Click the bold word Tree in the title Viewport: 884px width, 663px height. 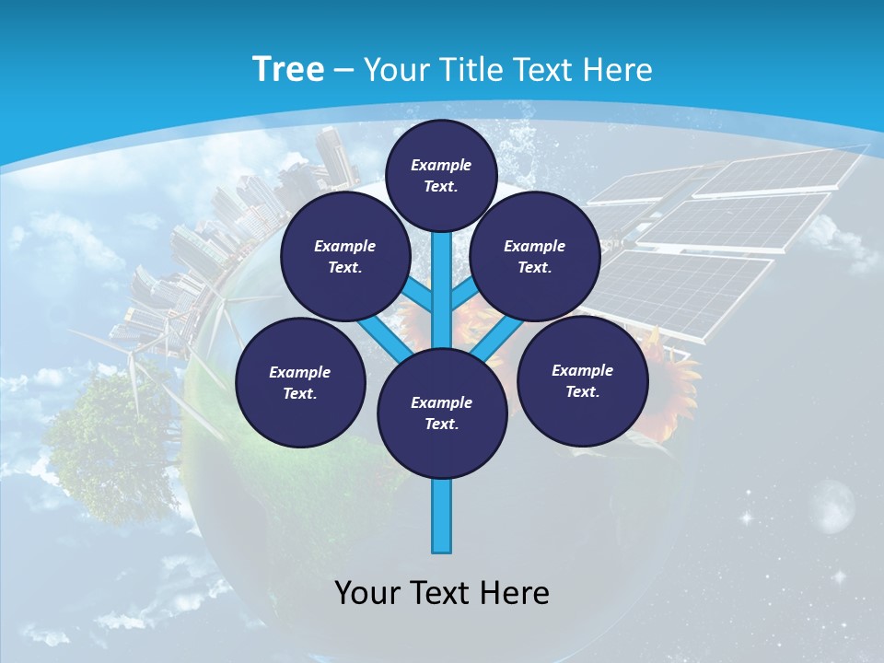click(x=288, y=69)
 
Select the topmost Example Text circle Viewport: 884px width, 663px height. click(x=441, y=175)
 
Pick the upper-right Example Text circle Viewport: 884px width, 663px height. click(x=534, y=257)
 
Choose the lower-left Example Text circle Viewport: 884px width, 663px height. click(x=299, y=383)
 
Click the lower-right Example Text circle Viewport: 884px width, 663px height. click(x=582, y=381)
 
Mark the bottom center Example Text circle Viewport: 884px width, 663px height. click(x=441, y=413)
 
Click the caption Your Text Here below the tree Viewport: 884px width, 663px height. click(x=442, y=593)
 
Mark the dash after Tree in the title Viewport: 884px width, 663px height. click(x=344, y=71)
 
